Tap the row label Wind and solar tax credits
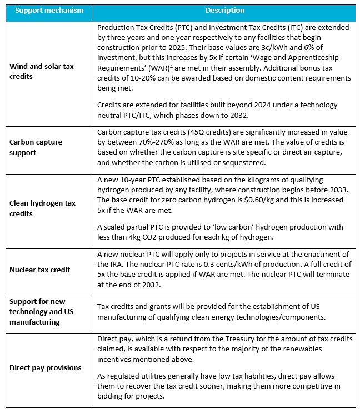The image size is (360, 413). pyautogui.click(x=41, y=71)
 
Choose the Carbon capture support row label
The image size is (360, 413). pyautogui.click(x=36, y=146)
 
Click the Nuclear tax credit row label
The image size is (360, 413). pyautogui.click(x=39, y=270)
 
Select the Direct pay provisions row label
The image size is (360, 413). pyautogui.click(x=45, y=367)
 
